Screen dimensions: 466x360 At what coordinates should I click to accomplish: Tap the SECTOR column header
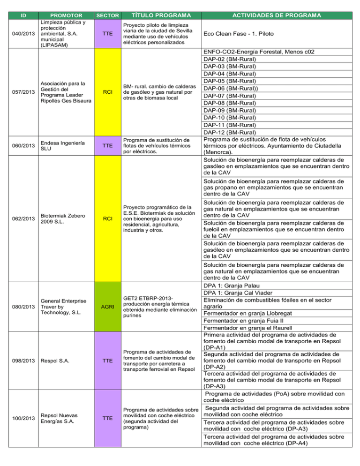(x=108, y=15)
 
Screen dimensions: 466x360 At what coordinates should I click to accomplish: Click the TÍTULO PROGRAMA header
(x=156, y=15)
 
